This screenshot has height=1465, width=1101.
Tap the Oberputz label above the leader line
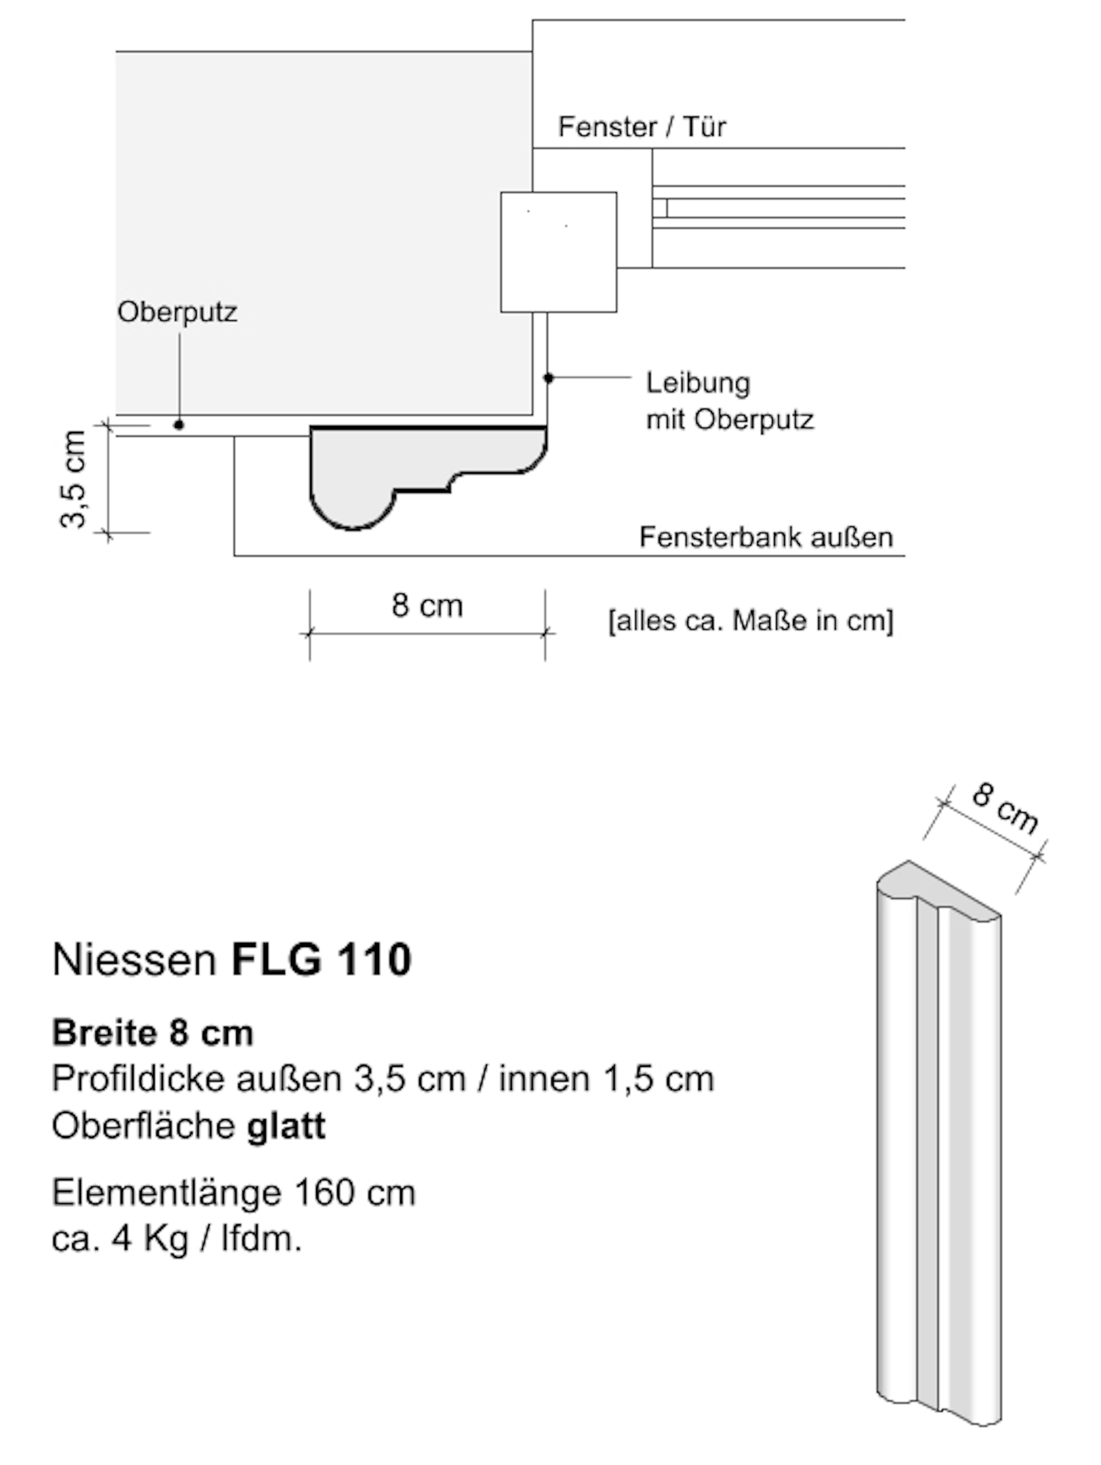coord(177,312)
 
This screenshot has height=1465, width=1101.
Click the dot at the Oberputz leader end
coord(179,424)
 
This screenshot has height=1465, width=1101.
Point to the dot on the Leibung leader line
coord(548,378)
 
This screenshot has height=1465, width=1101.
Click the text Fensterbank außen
coord(766,537)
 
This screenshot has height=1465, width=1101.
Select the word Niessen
coord(134,960)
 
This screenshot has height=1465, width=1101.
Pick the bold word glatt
coord(286,1126)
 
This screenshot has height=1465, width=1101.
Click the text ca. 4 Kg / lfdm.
coord(177,1238)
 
